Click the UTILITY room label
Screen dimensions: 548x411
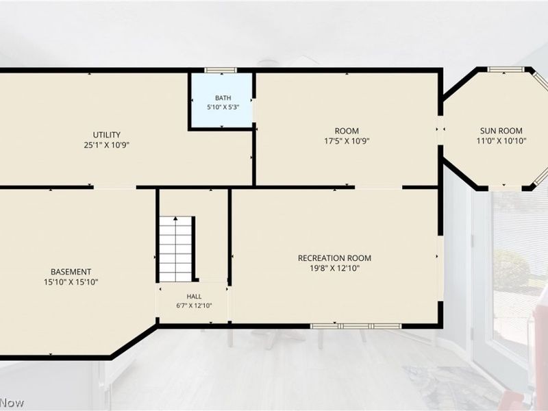107,134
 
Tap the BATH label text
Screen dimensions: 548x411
223,98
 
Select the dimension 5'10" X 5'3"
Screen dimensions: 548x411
223,108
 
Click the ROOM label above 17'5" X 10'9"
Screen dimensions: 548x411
347,131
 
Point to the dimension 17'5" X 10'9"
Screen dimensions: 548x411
347,141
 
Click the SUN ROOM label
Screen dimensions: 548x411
501,131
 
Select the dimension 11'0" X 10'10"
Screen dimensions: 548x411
501,141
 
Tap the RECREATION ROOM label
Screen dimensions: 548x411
334,258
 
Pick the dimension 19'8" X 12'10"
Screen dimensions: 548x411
334,269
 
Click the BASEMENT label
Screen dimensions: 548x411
71,272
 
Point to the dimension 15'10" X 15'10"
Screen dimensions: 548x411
71,282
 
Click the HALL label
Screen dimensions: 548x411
194,297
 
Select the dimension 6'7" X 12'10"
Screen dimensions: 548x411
194,306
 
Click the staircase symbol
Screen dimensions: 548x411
175,249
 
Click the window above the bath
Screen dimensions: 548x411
221,71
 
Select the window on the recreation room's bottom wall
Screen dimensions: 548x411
356,327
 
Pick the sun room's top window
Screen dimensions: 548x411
503,70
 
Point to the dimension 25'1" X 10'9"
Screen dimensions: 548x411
107,145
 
